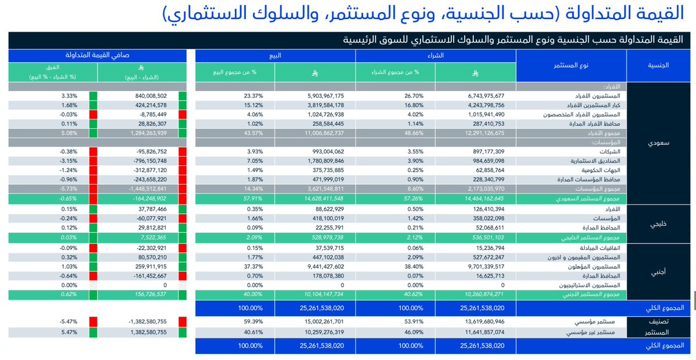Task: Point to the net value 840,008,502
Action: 142,96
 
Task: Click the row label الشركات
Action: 610,151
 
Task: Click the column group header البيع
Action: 275,56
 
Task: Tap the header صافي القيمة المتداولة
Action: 97,56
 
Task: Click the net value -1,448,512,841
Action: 142,188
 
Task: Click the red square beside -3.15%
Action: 93,161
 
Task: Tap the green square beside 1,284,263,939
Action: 183,133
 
